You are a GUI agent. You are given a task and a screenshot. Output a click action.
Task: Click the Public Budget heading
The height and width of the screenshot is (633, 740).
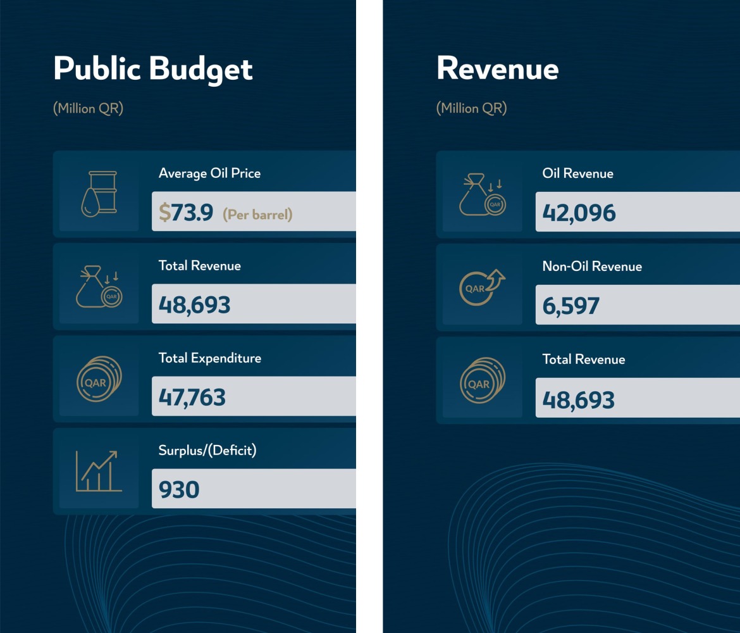click(153, 69)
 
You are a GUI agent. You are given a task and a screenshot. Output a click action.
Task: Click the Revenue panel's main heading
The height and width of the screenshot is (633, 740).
click(497, 69)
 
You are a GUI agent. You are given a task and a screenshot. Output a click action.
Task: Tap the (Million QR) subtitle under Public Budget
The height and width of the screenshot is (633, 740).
click(88, 108)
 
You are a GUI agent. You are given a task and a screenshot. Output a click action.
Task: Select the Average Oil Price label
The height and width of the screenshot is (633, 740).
click(209, 173)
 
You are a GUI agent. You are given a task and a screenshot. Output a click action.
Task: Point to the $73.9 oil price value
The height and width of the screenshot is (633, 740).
click(186, 213)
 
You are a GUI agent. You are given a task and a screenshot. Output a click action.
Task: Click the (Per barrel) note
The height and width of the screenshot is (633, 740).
click(257, 215)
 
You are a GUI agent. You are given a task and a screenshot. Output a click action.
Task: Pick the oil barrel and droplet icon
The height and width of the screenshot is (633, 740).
click(99, 193)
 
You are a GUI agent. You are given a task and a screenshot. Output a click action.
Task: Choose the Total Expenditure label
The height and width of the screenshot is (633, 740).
click(209, 358)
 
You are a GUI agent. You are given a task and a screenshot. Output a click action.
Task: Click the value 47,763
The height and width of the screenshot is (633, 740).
click(192, 398)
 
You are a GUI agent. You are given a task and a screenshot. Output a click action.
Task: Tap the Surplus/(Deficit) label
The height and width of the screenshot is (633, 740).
click(207, 451)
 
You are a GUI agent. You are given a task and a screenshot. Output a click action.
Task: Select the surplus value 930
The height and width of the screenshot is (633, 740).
click(179, 489)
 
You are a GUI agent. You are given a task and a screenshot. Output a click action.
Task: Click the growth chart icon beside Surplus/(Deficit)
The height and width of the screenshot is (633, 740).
click(98, 471)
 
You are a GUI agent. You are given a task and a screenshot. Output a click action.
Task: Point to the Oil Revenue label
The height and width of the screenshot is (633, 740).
click(577, 173)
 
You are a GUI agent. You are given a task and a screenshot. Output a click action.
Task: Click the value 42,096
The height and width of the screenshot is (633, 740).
click(579, 213)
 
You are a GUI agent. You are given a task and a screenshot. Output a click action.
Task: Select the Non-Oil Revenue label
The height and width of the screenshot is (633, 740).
click(592, 266)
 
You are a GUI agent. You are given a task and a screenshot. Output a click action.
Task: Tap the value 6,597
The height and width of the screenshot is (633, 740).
click(570, 306)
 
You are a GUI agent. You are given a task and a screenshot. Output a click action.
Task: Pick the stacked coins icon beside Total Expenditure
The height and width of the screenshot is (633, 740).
click(99, 379)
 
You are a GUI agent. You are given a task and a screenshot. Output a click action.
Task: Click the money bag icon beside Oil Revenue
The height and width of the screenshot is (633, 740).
click(482, 194)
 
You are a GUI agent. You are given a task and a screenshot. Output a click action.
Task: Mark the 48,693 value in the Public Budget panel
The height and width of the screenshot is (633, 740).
click(194, 305)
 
